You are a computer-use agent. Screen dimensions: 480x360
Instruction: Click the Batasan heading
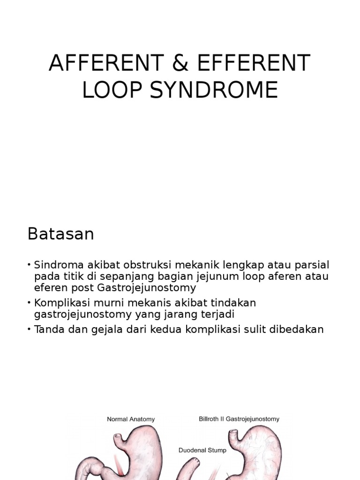[60, 234]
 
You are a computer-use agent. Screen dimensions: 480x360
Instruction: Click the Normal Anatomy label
[131, 419]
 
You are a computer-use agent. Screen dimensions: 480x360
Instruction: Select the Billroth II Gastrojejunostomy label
[239, 419]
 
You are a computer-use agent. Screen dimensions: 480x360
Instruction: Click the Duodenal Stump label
[202, 450]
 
